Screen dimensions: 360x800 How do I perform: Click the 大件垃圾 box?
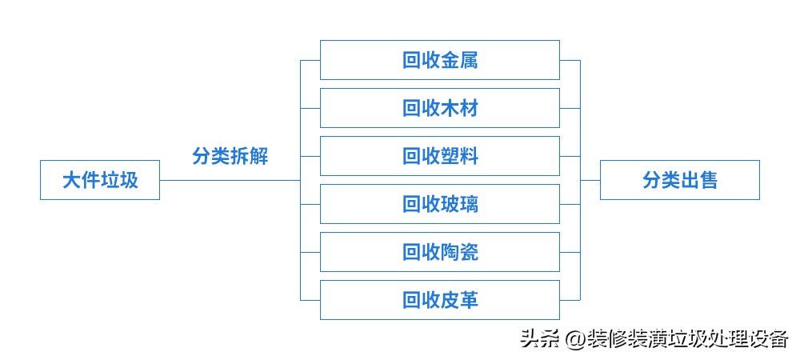pyautogui.click(x=100, y=180)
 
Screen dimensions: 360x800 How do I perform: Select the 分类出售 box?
pyautogui.click(x=679, y=180)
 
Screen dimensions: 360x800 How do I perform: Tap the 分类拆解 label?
pyautogui.click(x=230, y=156)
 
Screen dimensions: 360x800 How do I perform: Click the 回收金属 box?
pyautogui.click(x=439, y=60)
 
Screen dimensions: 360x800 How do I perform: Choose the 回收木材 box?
pyautogui.click(x=439, y=108)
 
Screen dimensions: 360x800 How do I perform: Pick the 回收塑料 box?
pyautogui.click(x=439, y=156)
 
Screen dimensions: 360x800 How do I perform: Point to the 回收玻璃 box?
pyautogui.click(x=439, y=204)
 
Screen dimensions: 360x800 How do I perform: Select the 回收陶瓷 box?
pyautogui.click(x=439, y=252)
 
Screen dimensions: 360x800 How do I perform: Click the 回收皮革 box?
pyautogui.click(x=439, y=300)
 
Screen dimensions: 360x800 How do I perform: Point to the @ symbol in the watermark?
pyautogui.click(x=574, y=339)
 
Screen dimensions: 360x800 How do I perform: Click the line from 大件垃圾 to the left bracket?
pyautogui.click(x=230, y=180)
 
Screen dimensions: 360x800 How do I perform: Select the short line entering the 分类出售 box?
pyautogui.click(x=590, y=180)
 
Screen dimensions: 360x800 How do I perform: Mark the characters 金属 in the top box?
pyautogui.click(x=459, y=60)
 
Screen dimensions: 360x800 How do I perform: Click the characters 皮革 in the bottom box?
pyautogui.click(x=459, y=300)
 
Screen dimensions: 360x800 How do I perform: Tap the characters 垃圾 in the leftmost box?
pyautogui.click(x=119, y=180)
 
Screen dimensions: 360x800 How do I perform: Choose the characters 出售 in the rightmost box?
pyautogui.click(x=699, y=180)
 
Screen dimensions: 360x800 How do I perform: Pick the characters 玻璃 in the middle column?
pyautogui.click(x=459, y=204)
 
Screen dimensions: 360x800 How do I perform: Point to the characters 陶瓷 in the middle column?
pyautogui.click(x=459, y=252)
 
